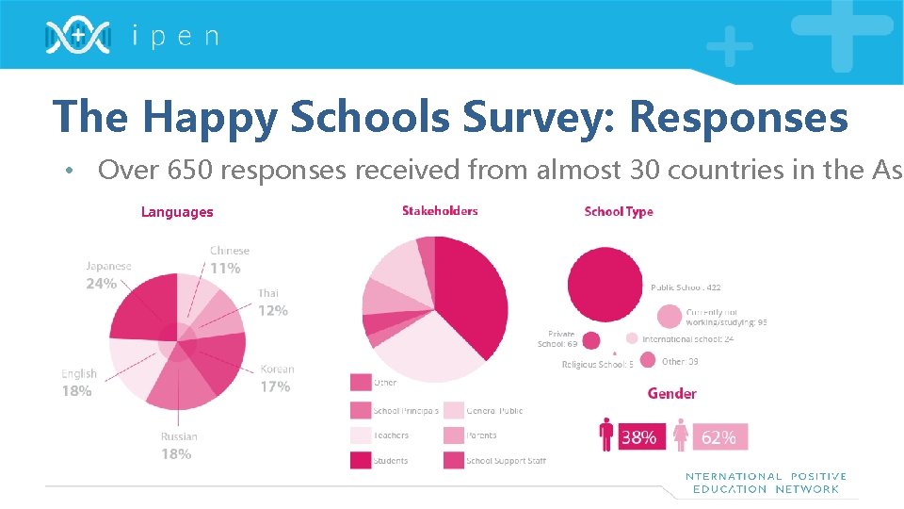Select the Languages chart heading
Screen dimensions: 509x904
tap(177, 212)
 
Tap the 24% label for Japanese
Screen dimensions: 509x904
tap(102, 284)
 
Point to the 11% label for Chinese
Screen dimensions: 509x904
tap(225, 269)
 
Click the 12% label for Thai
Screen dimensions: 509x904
tap(273, 310)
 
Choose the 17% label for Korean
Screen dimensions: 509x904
tap(275, 386)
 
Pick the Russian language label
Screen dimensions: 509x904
tap(179, 437)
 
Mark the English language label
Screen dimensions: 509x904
tap(79, 374)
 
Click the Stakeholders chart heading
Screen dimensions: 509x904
tap(440, 211)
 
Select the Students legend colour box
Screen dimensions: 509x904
tap(361, 460)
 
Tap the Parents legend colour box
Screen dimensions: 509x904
tap(453, 435)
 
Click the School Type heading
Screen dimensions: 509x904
tap(619, 212)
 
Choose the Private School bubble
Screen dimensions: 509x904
tap(591, 340)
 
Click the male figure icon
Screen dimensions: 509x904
tap(607, 435)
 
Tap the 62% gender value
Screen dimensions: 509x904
tap(718, 437)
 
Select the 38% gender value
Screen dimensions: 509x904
tap(640, 437)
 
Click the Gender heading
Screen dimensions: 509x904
tap(671, 394)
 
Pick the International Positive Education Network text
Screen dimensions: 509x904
tap(766, 483)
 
